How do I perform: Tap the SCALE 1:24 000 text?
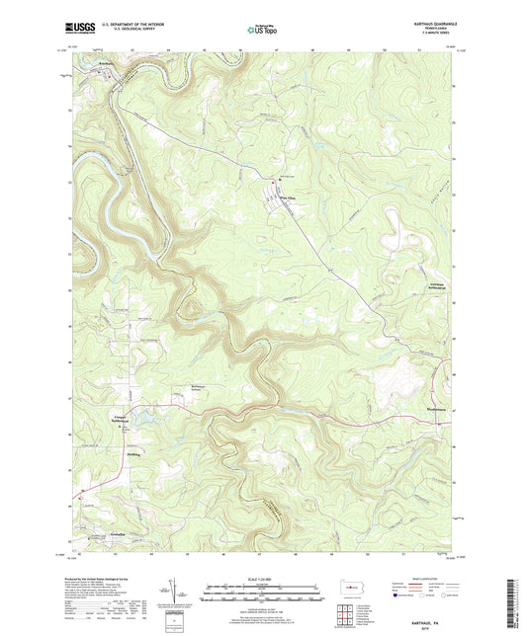coord(263,579)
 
